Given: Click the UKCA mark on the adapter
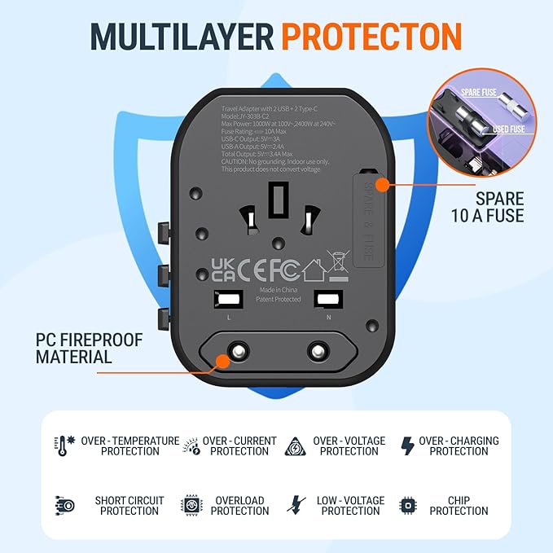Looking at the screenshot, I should pyautogui.click(x=223, y=270).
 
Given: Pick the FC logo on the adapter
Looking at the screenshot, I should pyautogui.click(x=282, y=270).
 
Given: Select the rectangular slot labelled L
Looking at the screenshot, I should pyautogui.click(x=224, y=299).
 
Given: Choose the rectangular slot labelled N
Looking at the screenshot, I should pyautogui.click(x=328, y=299).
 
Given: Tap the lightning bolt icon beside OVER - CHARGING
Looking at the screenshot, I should pyautogui.click(x=407, y=446).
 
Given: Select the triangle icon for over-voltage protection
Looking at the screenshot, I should pyautogui.click(x=295, y=446).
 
